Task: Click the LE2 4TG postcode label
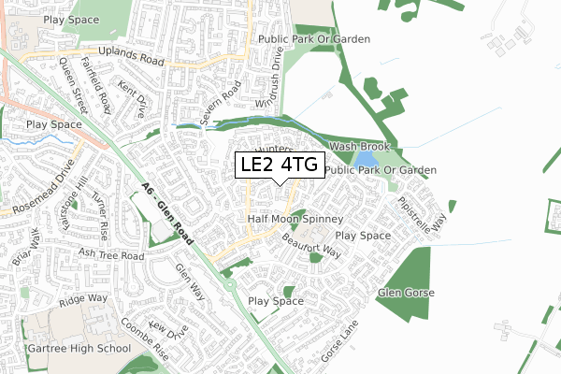280,165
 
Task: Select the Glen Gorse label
408,294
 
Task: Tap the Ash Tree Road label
112,254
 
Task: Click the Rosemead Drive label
38,188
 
